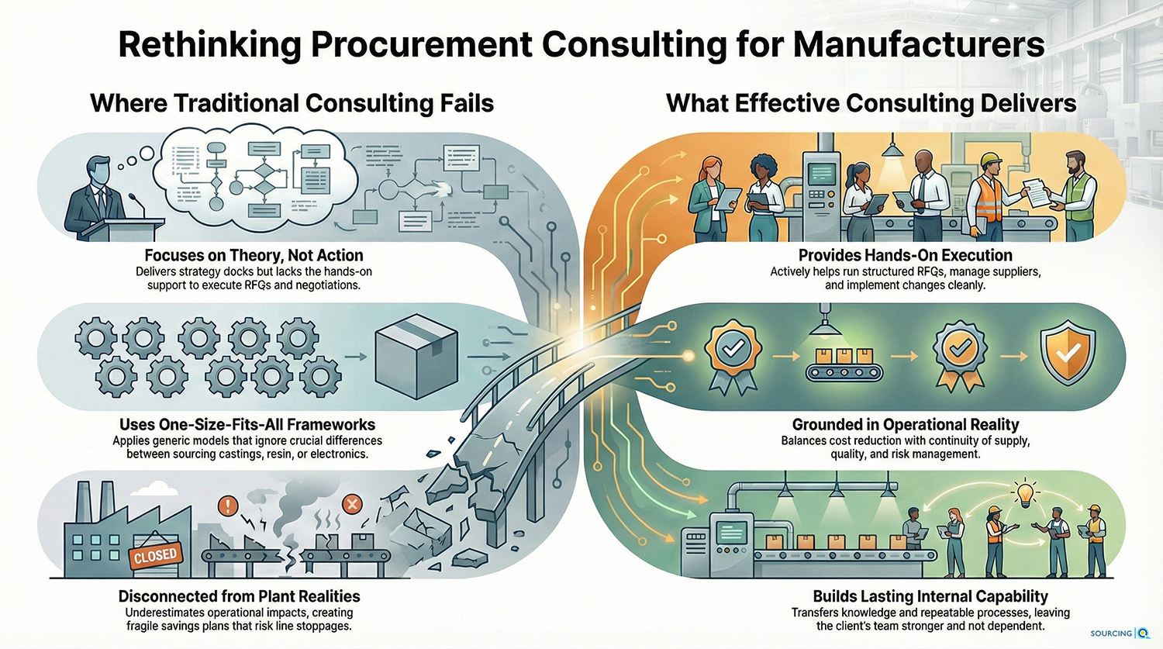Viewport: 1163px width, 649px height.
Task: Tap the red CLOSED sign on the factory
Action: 156,555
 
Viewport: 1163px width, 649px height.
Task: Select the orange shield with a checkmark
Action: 1068,353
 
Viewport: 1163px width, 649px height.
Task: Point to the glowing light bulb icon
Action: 1028,495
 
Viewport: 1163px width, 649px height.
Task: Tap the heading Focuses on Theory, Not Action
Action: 254,255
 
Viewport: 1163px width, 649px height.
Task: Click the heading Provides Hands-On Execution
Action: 905,255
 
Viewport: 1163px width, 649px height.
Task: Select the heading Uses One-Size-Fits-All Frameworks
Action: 247,424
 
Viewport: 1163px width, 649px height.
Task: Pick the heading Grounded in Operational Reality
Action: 905,424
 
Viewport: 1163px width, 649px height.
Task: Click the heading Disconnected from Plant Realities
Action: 239,596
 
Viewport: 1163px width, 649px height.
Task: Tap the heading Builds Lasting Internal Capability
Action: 930,596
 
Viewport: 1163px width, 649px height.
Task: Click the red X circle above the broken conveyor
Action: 352,505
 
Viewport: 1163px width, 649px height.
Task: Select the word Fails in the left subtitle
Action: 464,103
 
